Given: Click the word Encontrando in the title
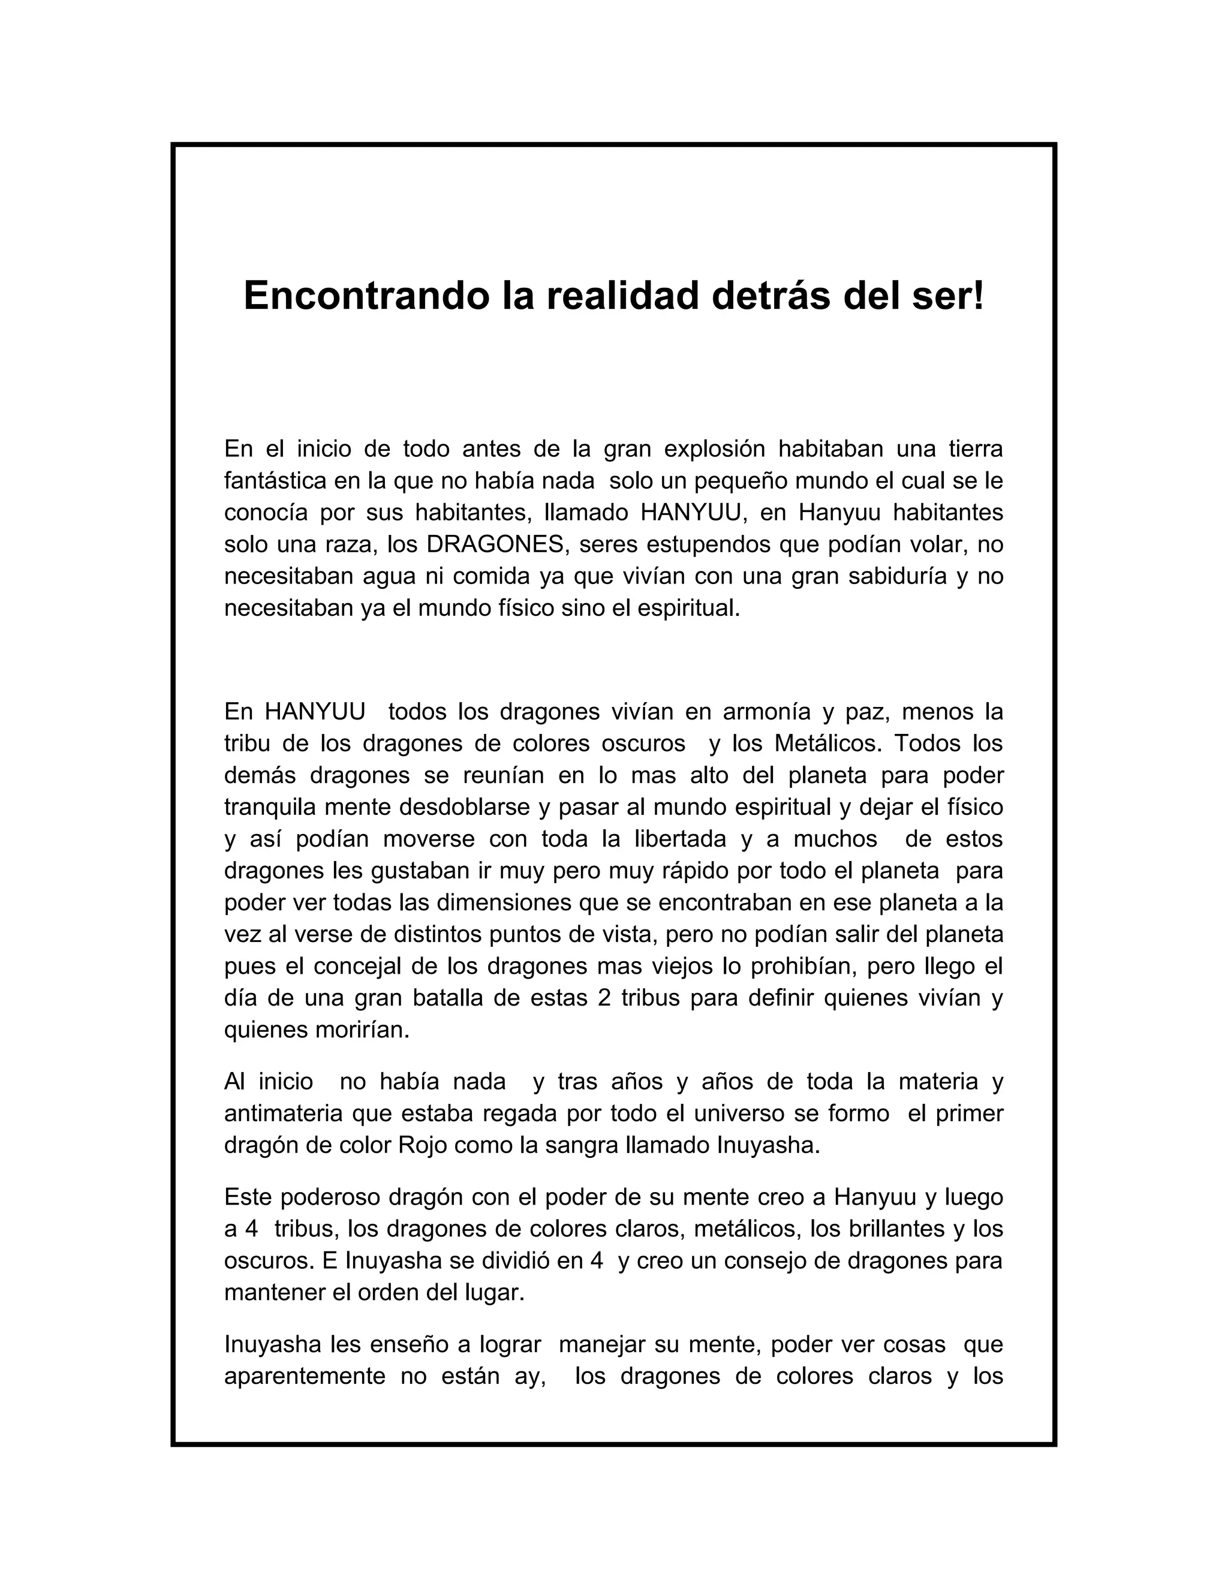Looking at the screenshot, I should pyautogui.click(x=365, y=296).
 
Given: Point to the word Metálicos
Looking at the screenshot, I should pyautogui.click(x=826, y=744).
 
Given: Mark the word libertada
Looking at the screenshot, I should pyautogui.click(x=680, y=839).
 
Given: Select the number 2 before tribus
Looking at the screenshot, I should pyautogui.click(x=604, y=998).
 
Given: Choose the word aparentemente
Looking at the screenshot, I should pyautogui.click(x=305, y=1377).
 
